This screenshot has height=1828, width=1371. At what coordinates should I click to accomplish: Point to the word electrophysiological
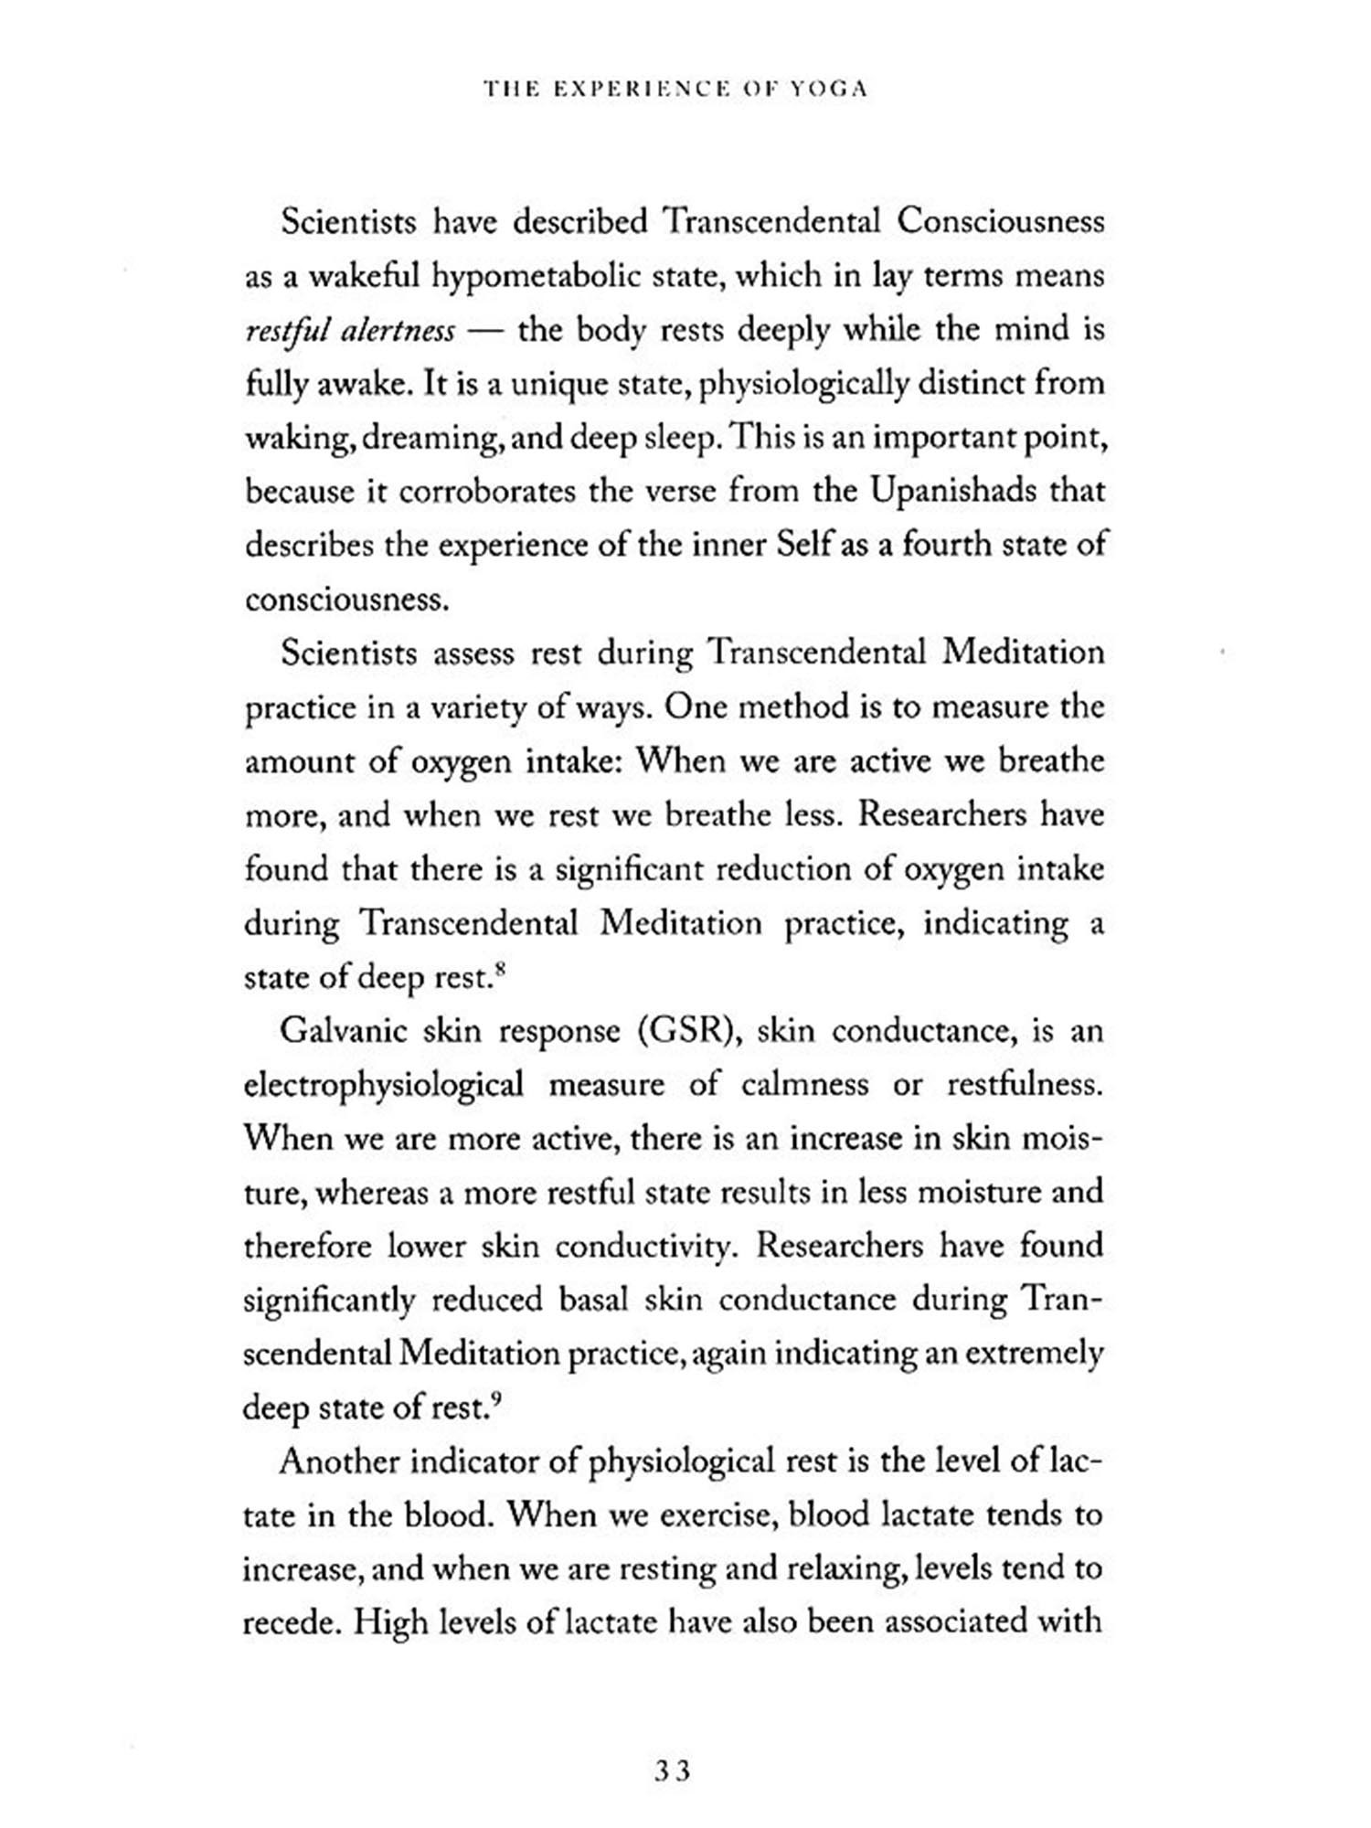[384, 1086]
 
